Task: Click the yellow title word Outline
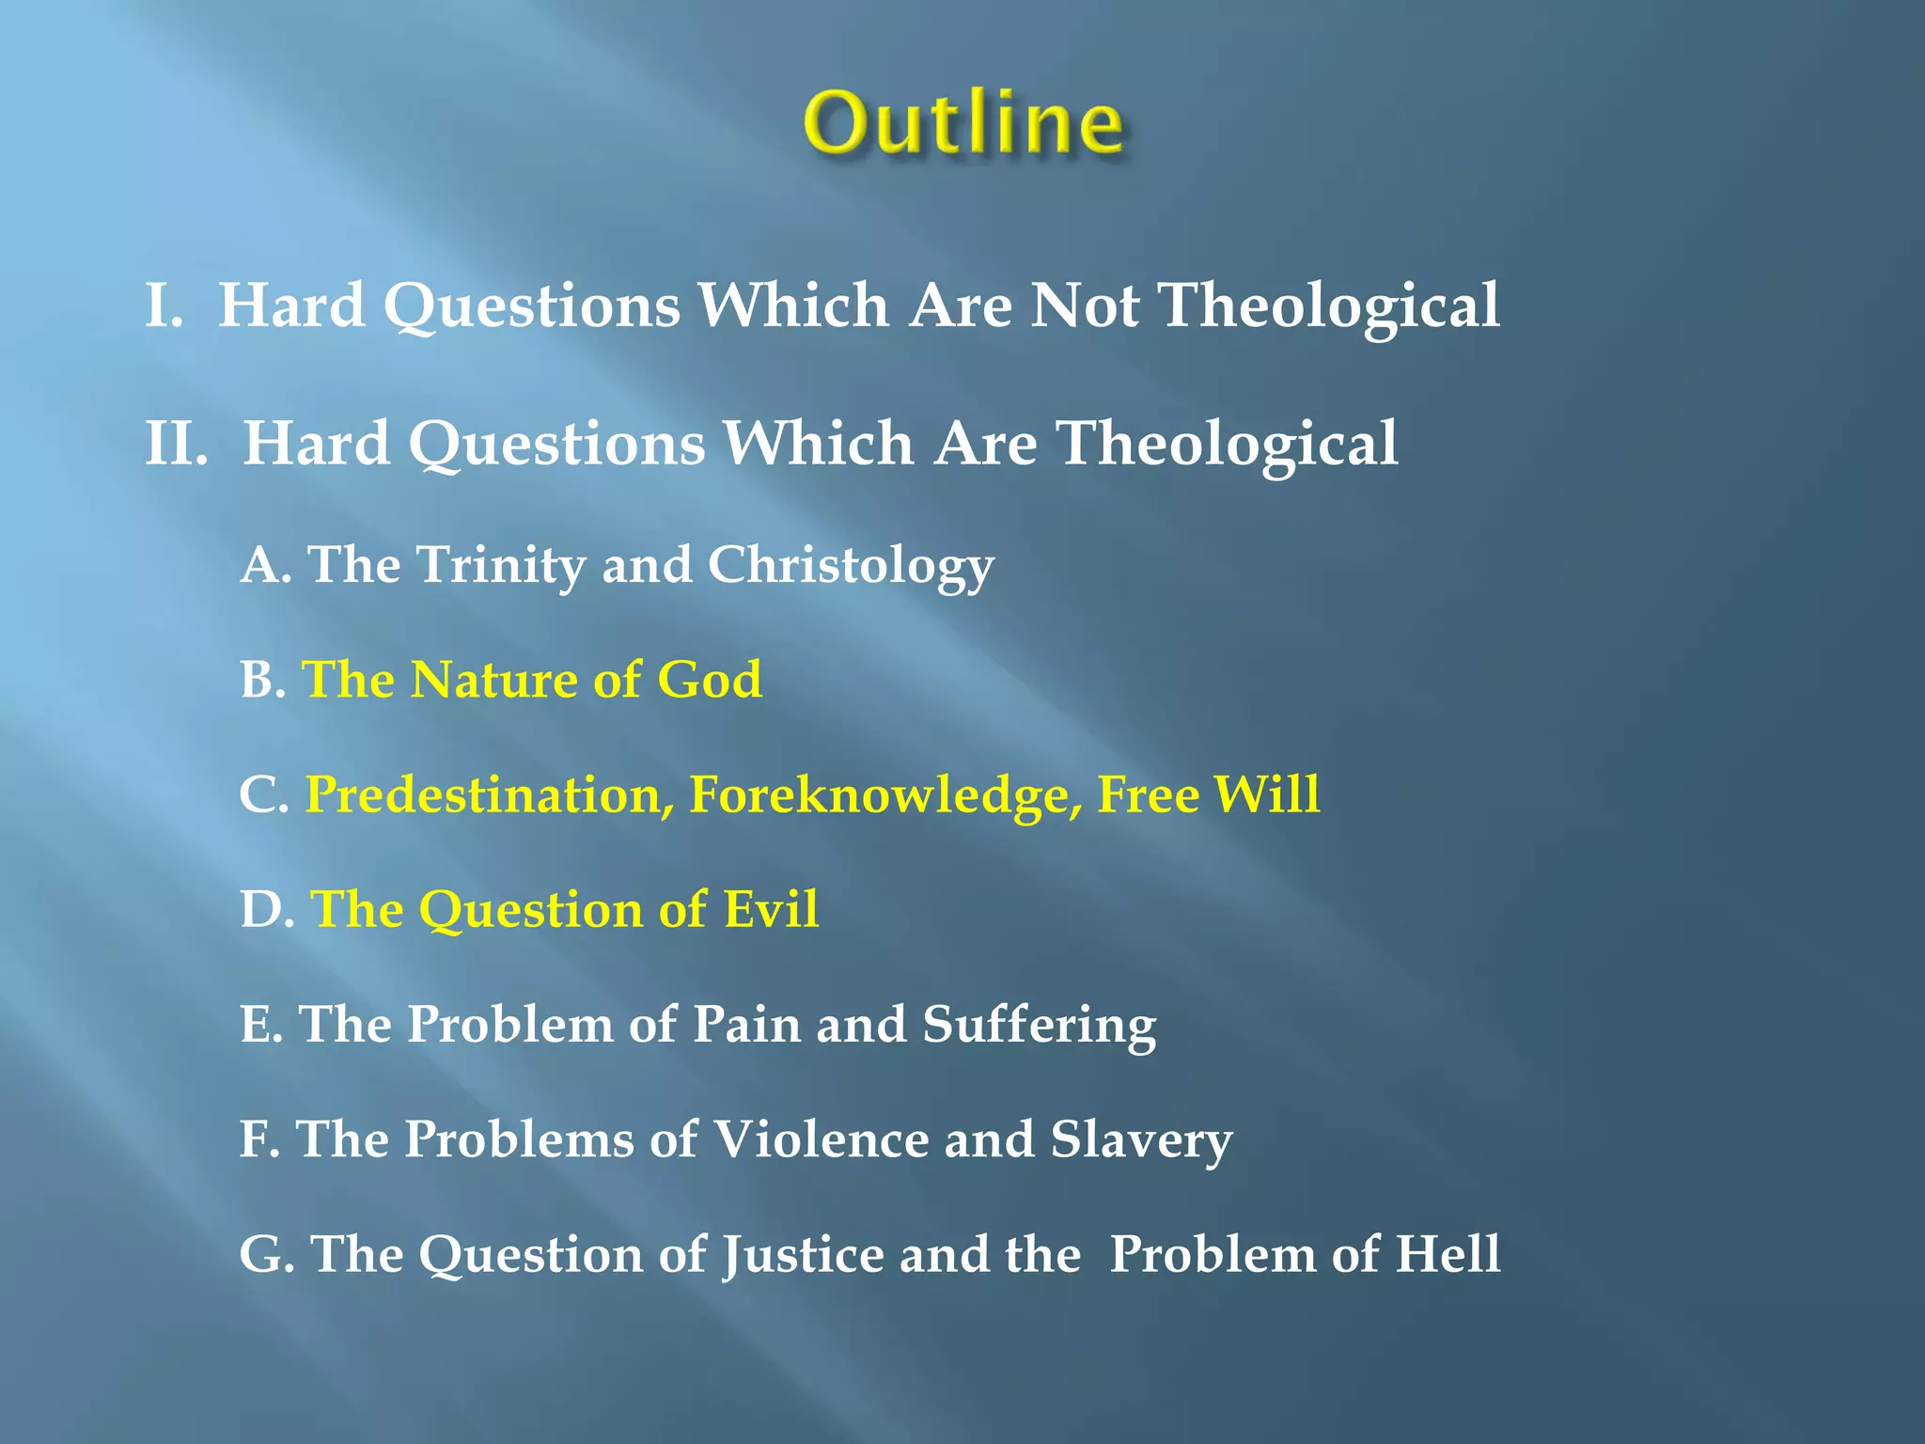[x=963, y=122]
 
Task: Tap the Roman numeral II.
[x=176, y=444]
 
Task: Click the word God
[x=710, y=680]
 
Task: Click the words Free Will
[x=1209, y=794]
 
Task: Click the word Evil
[x=771, y=910]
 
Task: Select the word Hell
[x=1448, y=1254]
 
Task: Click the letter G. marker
[x=267, y=1254]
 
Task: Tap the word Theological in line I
[x=1329, y=307]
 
